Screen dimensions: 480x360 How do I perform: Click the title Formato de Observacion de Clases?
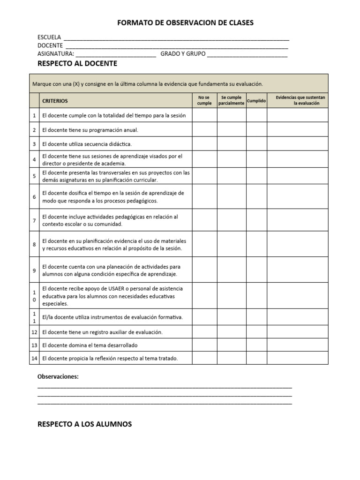(x=185, y=23)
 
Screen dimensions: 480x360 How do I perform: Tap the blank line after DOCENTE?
(x=176, y=46)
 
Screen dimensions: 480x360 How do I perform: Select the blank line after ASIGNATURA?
(x=116, y=54)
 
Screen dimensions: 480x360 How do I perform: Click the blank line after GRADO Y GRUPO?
(x=247, y=54)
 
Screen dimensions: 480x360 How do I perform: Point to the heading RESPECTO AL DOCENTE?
(x=77, y=63)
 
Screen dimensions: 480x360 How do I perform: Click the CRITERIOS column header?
(x=55, y=101)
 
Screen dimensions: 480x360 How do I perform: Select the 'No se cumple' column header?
(x=204, y=100)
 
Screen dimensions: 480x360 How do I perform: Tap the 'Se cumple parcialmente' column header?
(x=231, y=100)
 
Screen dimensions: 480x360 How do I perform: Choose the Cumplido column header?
(x=256, y=100)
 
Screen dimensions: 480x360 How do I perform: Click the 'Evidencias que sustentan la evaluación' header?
(x=297, y=100)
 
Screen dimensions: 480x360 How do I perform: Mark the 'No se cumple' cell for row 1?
(x=204, y=115)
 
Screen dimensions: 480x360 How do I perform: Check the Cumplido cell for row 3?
(x=256, y=144)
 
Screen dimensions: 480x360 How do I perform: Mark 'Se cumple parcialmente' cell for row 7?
(x=231, y=220)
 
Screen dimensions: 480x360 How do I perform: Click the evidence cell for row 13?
(x=297, y=345)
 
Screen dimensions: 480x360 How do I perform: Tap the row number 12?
(x=34, y=332)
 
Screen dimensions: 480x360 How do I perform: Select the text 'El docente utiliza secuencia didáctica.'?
(x=87, y=144)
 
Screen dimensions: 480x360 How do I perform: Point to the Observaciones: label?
(x=58, y=376)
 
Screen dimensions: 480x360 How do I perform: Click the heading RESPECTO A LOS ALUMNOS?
(x=84, y=424)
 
